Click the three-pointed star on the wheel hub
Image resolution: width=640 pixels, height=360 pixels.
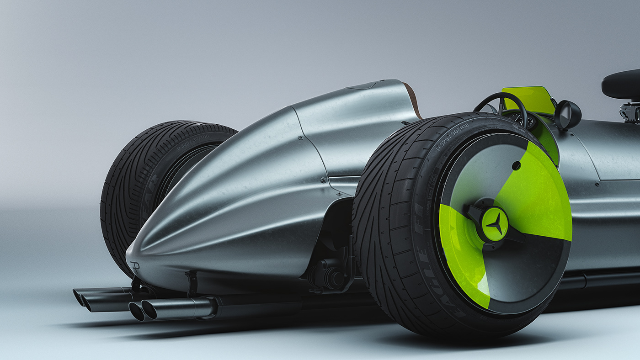click(495, 224)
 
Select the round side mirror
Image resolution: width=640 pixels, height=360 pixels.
click(568, 115)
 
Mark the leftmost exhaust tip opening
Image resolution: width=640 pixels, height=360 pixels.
click(79, 297)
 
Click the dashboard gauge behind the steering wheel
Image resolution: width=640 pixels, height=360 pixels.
click(519, 119)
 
